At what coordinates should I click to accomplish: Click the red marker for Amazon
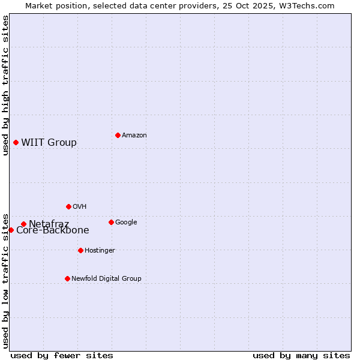coord(118,135)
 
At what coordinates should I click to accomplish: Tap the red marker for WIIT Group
coord(16,142)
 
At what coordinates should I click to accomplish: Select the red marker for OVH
coord(68,206)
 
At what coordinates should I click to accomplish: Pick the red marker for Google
coord(111,222)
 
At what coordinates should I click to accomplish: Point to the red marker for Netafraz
coord(23,224)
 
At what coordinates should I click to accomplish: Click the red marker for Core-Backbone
coord(11,230)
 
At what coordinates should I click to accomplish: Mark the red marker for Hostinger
coord(80,250)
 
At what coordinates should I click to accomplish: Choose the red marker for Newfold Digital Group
coord(67,278)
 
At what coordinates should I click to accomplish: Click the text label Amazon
coord(134,136)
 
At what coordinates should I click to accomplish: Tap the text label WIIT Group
coord(49,143)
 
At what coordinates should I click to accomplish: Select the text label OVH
coord(80,207)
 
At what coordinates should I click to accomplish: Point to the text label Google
coord(126,223)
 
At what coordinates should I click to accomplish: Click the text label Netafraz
coord(49,224)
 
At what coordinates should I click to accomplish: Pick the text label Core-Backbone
coord(53,230)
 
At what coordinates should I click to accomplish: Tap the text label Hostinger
coord(100,251)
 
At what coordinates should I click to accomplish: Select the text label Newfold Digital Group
coord(106,279)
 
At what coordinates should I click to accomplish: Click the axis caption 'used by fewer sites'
coord(62,355)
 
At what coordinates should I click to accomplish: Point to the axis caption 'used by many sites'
coord(301,355)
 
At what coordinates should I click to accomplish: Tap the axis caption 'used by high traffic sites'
coord(5,85)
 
